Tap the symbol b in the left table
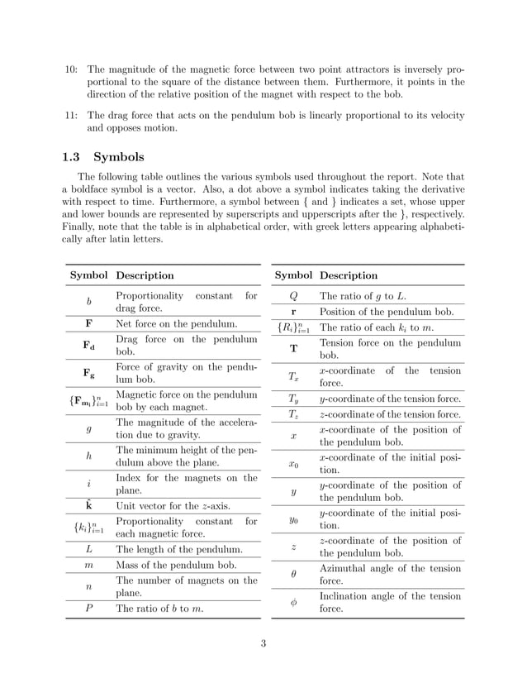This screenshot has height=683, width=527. pyautogui.click(x=88, y=303)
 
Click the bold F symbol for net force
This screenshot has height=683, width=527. pyautogui.click(x=88, y=323)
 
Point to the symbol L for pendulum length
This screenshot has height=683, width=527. pyautogui.click(x=88, y=549)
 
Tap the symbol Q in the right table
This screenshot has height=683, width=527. pyautogui.click(x=293, y=296)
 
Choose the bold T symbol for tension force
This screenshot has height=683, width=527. pyautogui.click(x=293, y=349)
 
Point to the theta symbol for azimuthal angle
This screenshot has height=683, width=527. pyautogui.click(x=293, y=573)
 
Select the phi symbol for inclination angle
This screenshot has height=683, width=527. pyautogui.click(x=293, y=604)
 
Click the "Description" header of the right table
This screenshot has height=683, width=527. pyautogui.click(x=348, y=275)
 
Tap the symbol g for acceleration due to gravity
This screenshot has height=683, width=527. pyautogui.click(x=88, y=430)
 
